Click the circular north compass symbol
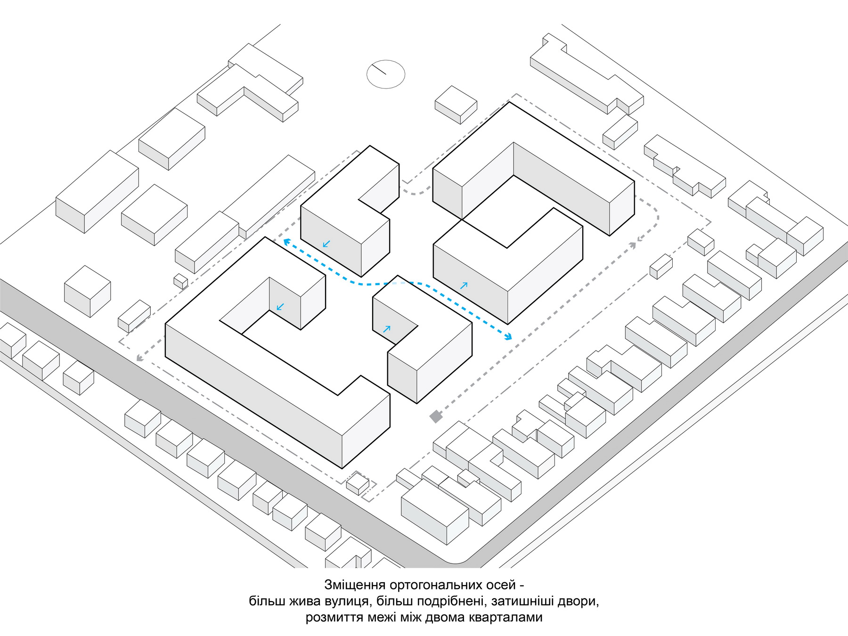click(386, 74)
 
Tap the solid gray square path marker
click(436, 416)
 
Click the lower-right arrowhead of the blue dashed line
click(508, 336)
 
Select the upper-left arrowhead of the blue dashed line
click(286, 242)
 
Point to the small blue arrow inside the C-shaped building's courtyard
click(280, 307)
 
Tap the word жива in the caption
click(304, 602)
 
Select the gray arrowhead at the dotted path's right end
click(634, 245)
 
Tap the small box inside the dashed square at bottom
click(358, 484)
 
